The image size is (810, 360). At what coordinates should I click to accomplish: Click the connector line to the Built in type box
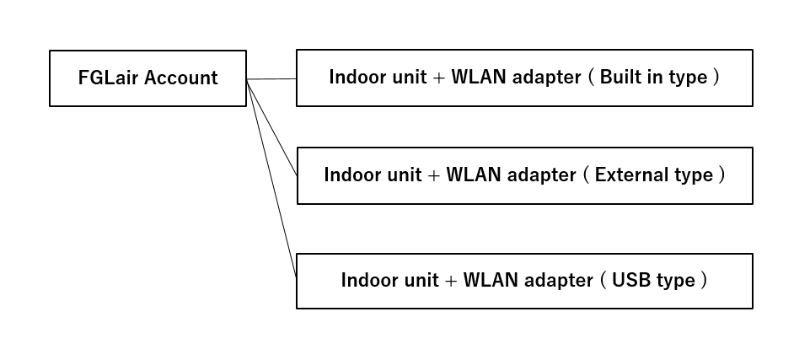pyautogui.click(x=271, y=78)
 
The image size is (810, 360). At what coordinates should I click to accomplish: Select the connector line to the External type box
pyautogui.click(x=271, y=126)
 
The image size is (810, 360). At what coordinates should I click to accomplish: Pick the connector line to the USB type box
pyautogui.click(x=271, y=178)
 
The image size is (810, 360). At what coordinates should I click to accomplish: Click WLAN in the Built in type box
pyautogui.click(x=477, y=78)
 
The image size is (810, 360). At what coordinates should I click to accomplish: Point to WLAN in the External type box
pyautogui.click(x=471, y=175)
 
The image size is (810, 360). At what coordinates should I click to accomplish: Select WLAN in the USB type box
pyautogui.click(x=489, y=280)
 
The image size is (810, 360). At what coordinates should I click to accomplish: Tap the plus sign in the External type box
pyautogui.click(x=434, y=176)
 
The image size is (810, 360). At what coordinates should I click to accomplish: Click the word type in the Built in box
pyautogui.click(x=687, y=78)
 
